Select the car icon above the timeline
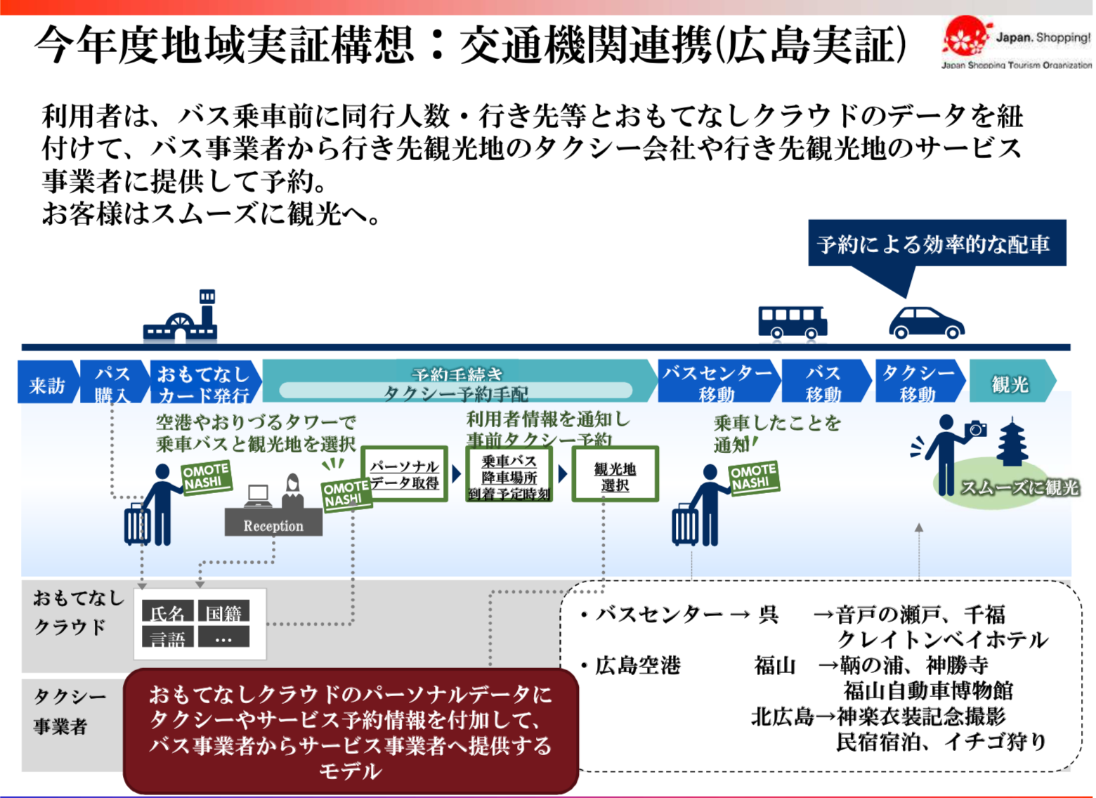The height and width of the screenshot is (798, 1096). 926,324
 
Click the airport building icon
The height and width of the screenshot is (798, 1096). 181,320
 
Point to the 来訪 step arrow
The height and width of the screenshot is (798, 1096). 46,384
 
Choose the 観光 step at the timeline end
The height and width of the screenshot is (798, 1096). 1010,383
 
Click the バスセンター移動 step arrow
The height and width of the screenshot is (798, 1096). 717,383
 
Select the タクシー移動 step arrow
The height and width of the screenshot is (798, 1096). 918,383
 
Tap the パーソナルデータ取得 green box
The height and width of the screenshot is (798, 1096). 405,474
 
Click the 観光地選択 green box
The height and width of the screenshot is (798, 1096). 615,476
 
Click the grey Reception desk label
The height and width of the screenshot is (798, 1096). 273,525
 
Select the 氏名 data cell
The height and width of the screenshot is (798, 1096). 167,613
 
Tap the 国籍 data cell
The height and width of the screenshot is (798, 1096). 223,613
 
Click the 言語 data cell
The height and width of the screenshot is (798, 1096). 167,638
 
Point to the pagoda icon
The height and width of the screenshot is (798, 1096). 1012,443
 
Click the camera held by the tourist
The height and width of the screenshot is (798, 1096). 976,429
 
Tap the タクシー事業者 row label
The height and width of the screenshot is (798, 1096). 68,711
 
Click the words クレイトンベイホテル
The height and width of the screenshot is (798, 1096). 941,639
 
